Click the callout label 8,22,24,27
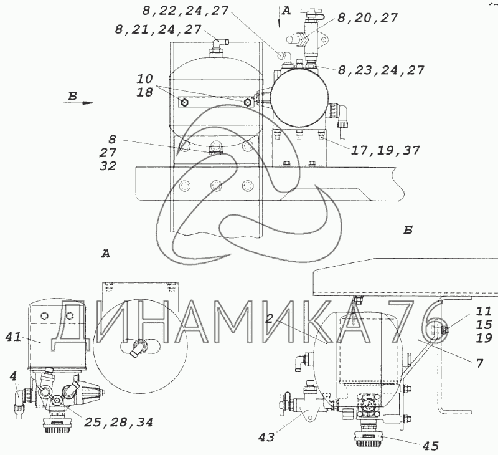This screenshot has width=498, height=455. tap(185, 11)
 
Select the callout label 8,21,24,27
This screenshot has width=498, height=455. tap(158, 29)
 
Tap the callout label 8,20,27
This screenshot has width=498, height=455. tap(367, 18)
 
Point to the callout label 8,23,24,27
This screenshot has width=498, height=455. tap(381, 70)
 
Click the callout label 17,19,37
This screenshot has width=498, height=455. tap(385, 150)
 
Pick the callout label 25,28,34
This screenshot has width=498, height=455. tap(118, 422)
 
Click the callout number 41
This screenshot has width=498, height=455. tap(13, 337)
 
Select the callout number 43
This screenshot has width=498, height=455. tap(266, 438)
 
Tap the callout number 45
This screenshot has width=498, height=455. tap(430, 446)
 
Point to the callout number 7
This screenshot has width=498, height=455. tap(479, 363)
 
